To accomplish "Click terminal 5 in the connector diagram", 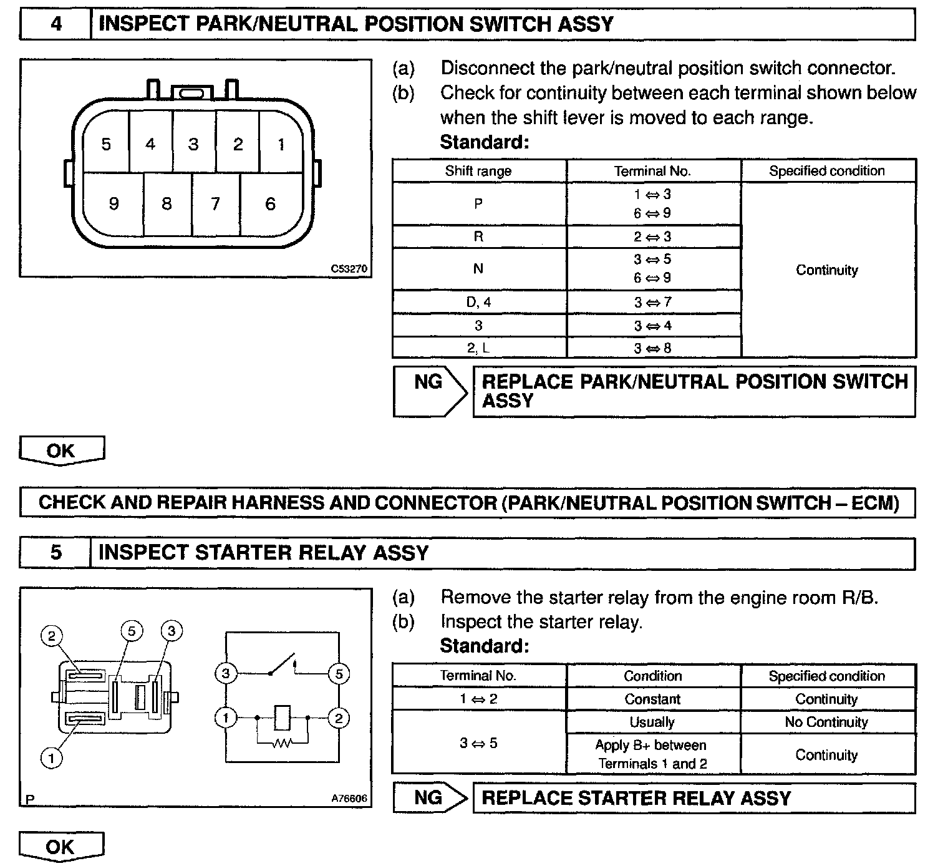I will (106, 144).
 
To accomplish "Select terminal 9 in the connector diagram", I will (114, 203).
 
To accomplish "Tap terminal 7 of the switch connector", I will (215, 203).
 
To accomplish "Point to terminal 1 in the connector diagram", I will (281, 144).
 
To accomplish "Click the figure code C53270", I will (349, 269).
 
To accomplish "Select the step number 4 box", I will (56, 24).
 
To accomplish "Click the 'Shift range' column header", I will (478, 171).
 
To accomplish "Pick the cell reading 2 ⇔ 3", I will (652, 236).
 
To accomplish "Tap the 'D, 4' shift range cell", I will (478, 302).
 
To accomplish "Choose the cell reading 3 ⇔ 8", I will (652, 348).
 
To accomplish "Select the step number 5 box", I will (56, 553).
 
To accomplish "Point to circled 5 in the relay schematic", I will (339, 674).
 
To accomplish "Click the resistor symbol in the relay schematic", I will (282, 743).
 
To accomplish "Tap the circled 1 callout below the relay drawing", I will (51, 758).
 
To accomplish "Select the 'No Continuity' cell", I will (826, 722).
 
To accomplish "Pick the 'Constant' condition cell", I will (652, 699).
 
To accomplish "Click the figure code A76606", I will (349, 798).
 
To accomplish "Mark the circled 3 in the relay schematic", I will (226, 674).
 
